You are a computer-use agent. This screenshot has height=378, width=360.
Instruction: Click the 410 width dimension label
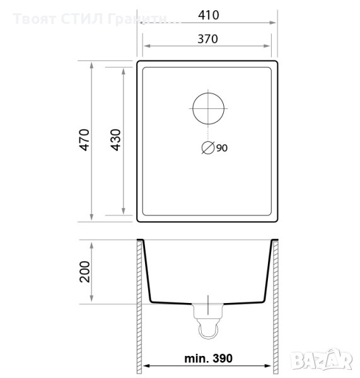coord(209,15)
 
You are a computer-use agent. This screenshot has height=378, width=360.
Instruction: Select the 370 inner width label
coord(207,39)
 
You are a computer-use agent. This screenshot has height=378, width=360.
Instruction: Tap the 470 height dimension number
coord(84,140)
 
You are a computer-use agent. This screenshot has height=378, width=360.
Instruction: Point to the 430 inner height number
coord(115,140)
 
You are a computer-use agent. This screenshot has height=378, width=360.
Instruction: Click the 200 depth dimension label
coord(84,272)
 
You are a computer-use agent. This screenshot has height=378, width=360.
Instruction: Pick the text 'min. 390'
coord(208,358)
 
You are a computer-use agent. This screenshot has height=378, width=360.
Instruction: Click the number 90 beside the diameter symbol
coord(222,148)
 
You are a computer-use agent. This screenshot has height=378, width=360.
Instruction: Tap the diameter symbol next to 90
coord(208,147)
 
